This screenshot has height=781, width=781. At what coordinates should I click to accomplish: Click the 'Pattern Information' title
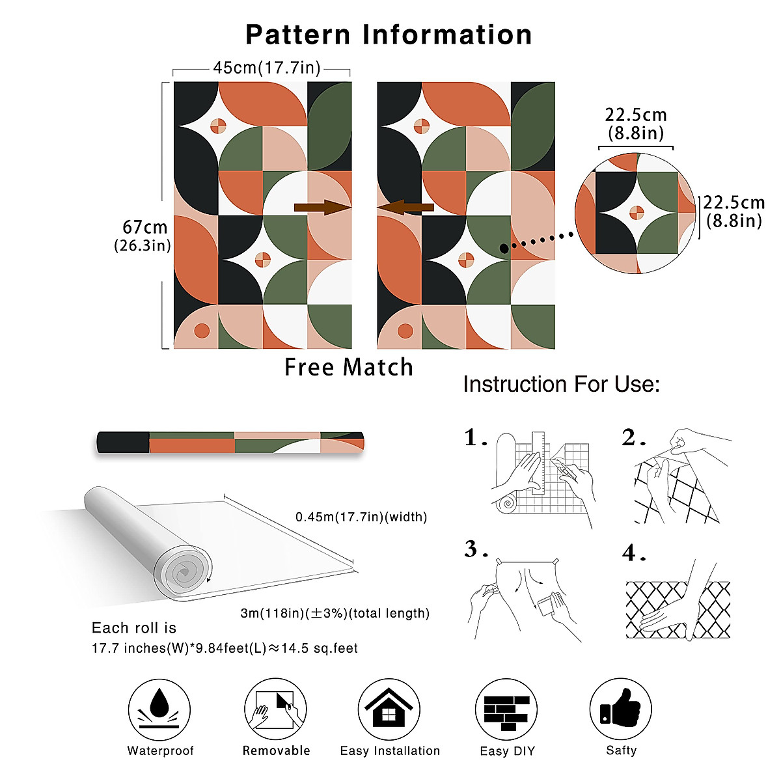pos(389,34)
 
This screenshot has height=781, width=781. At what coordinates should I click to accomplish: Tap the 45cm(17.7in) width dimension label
pos(266,68)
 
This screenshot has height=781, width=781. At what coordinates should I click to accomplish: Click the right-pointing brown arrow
pos(322,208)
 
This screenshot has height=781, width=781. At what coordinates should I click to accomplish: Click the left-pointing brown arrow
pos(405,208)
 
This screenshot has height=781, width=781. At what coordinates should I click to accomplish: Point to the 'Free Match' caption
pos(349,368)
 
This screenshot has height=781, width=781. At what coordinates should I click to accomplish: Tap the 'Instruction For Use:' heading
pos(561,384)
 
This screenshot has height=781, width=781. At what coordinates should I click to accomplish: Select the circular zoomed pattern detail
pos(636,213)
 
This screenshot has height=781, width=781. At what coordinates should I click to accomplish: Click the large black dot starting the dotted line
pos(504,248)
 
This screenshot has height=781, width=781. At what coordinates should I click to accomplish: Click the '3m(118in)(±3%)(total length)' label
pos(335,613)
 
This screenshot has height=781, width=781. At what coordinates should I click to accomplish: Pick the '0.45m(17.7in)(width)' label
pos(361,517)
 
